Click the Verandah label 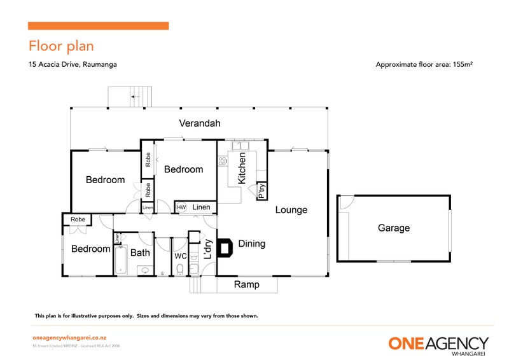click(x=199, y=123)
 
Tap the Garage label click(x=393, y=228)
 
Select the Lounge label click(x=291, y=210)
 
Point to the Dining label click(x=251, y=244)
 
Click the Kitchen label click(x=242, y=169)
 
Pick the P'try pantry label click(x=261, y=191)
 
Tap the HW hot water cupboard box click(x=181, y=207)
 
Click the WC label click(x=180, y=256)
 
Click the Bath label click(x=140, y=253)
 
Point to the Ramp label click(x=246, y=284)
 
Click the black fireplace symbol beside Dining click(x=225, y=247)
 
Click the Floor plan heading click(x=61, y=46)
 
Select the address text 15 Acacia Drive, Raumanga click(x=73, y=64)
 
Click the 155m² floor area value click(x=464, y=64)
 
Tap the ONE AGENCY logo click(x=438, y=344)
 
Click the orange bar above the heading click(x=99, y=26)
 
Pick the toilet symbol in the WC click(x=180, y=268)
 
